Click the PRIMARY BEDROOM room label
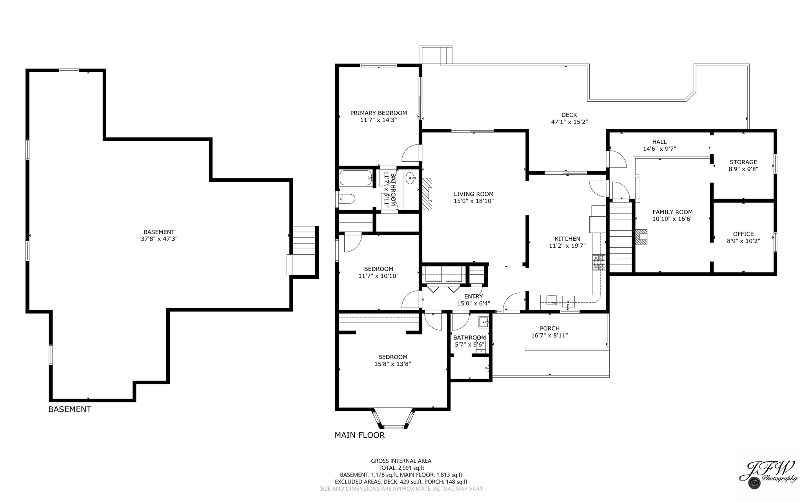click(x=378, y=113)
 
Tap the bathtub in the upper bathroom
click(x=356, y=178)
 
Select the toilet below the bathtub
click(x=347, y=199)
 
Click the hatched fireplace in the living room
click(x=427, y=194)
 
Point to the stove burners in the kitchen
click(x=599, y=263)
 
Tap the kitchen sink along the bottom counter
click(x=568, y=301)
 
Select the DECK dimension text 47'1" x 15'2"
click(x=569, y=122)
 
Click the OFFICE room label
click(x=743, y=234)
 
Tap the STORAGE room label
click(x=743, y=162)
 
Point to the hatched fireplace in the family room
click(x=641, y=237)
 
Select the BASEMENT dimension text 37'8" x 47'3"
click(x=159, y=239)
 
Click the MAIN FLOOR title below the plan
click(x=360, y=435)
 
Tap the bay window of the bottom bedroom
click(x=393, y=420)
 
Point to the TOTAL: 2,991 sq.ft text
click(x=401, y=468)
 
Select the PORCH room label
click(x=549, y=329)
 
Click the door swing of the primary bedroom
click(x=411, y=153)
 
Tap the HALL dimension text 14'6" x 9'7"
click(x=659, y=149)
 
